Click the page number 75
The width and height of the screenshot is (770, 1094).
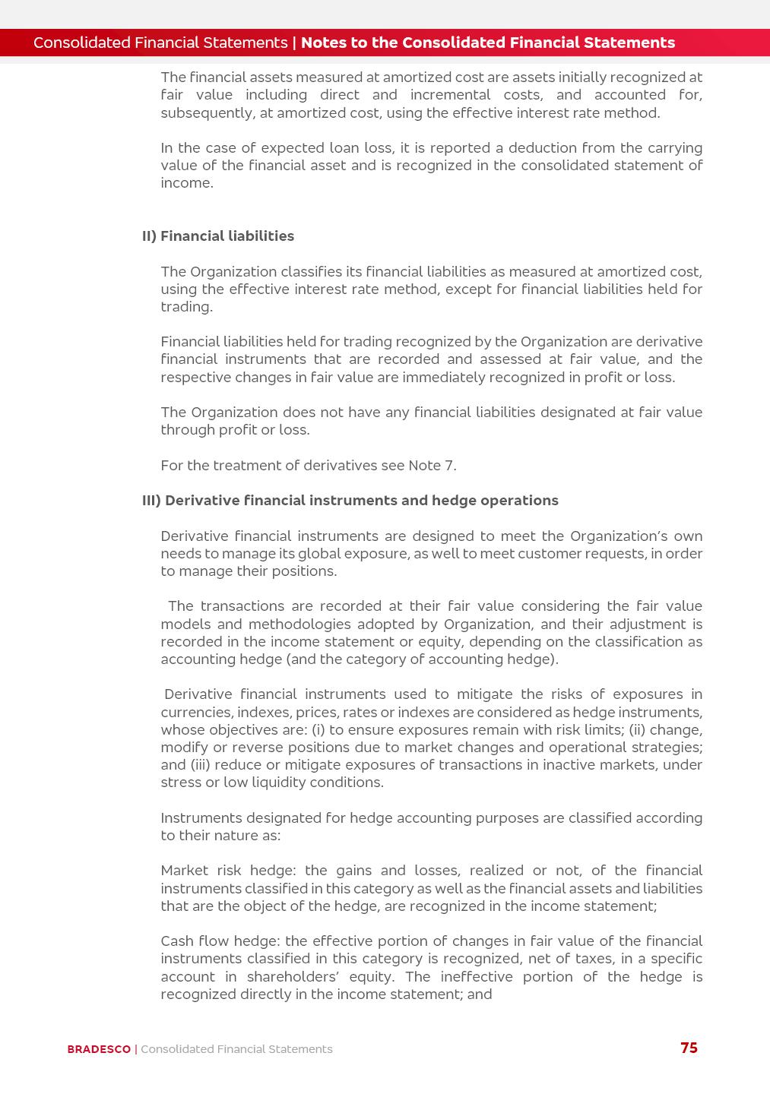[689, 1048]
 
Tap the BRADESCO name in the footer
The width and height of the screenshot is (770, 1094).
[99, 1049]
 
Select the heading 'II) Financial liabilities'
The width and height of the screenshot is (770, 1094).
[218, 236]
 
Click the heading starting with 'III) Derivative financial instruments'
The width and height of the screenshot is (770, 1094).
[350, 501]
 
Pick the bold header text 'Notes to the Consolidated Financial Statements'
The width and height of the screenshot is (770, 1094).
[488, 43]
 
